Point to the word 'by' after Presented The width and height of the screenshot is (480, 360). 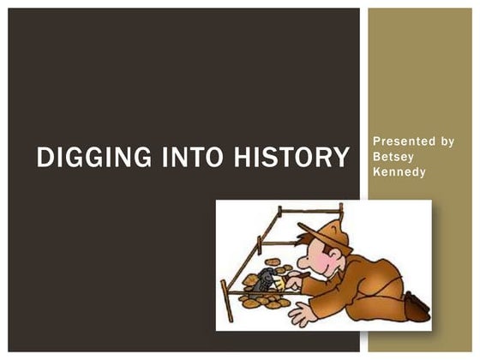pyautogui.click(x=446, y=141)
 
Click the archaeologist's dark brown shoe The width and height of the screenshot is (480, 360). pyautogui.click(x=417, y=305)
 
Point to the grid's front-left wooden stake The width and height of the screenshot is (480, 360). pyautogui.click(x=225, y=301)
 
